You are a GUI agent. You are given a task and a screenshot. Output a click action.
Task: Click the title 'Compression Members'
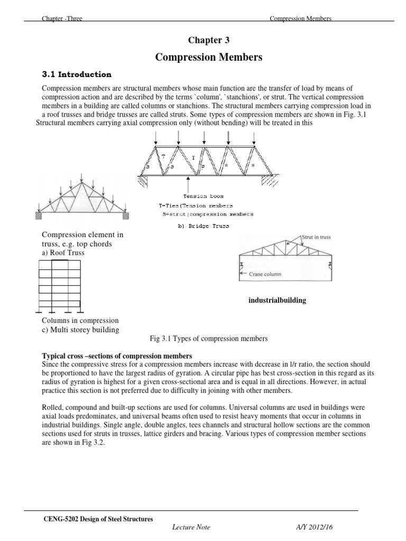coord(209,57)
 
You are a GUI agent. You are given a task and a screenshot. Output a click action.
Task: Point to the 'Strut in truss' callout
coord(316,237)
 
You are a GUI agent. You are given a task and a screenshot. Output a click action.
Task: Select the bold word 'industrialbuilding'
coord(278,301)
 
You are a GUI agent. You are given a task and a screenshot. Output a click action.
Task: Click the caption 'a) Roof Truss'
coord(63,253)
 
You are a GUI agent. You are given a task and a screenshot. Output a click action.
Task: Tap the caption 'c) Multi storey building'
coord(80,330)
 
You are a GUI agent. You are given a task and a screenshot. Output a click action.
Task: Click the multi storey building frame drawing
coord(60,287)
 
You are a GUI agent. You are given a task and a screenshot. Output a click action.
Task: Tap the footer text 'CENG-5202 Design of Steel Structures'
coord(98,519)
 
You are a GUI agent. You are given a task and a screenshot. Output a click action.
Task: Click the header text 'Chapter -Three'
coord(62,19)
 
